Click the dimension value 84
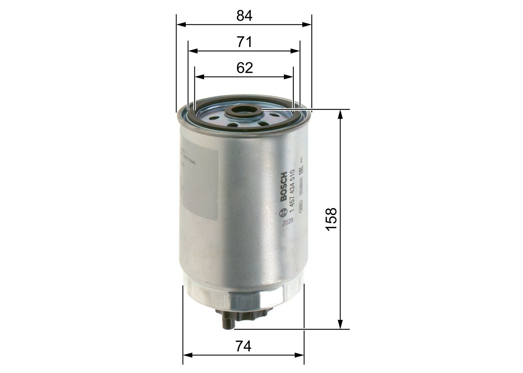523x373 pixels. pos(244,16)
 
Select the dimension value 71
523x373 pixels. pos(244,42)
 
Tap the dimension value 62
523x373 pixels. pos(244,68)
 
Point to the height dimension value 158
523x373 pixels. pos(331,219)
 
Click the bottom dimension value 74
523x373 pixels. pos(244,346)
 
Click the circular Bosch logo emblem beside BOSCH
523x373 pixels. pos(282,214)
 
